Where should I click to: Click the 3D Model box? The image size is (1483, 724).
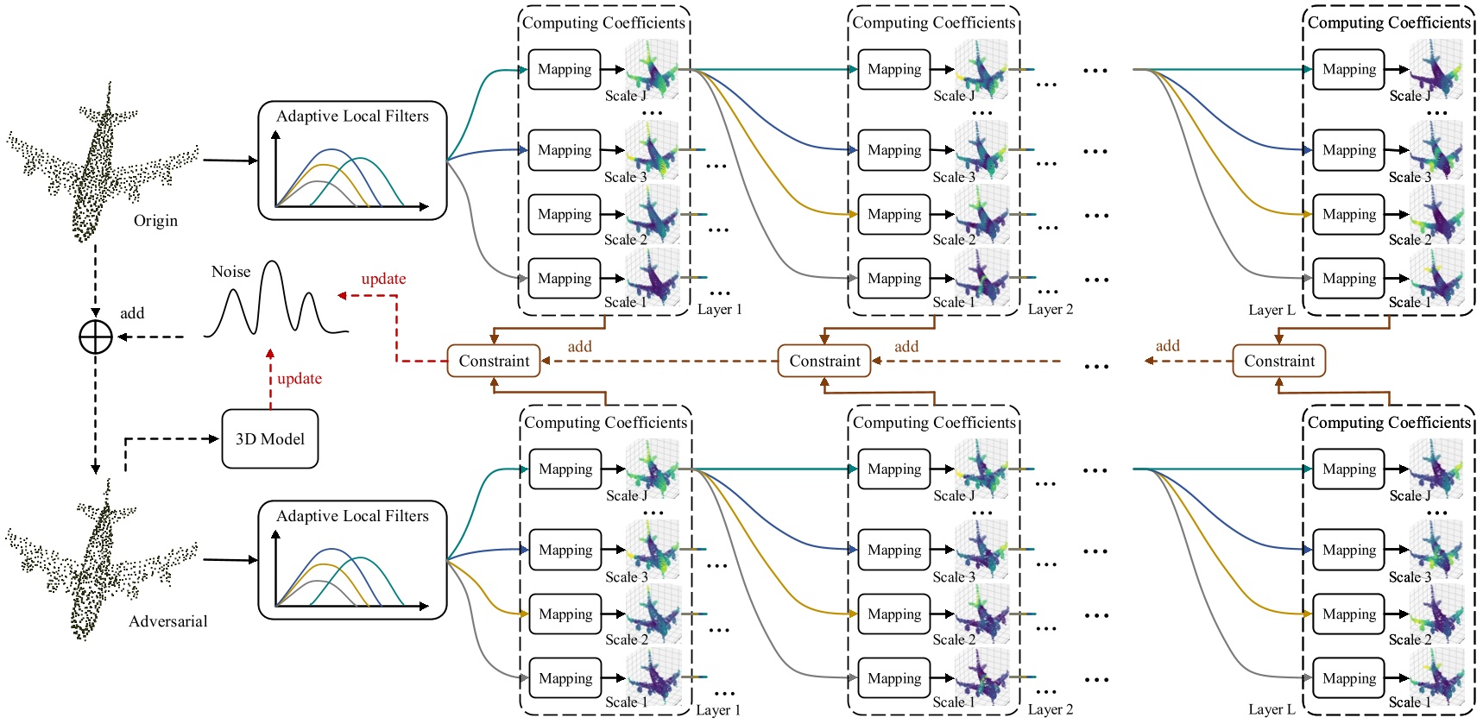[x=269, y=439]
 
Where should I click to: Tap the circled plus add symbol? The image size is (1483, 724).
[x=96, y=337]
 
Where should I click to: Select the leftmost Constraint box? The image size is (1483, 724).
[x=494, y=361]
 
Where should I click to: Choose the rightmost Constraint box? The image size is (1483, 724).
[x=1278, y=361]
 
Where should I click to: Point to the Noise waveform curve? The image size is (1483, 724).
[x=275, y=302]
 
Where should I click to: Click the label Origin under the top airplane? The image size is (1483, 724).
[x=155, y=221]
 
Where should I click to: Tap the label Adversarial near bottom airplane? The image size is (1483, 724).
[x=167, y=621]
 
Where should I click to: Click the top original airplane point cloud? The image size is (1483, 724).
[x=99, y=164]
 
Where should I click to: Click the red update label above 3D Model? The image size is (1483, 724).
[x=299, y=378]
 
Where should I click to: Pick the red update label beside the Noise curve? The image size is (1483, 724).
[x=383, y=279]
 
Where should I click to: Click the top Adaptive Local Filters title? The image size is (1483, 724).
[x=352, y=116]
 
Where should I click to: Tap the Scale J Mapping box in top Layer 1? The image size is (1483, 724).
[x=565, y=69]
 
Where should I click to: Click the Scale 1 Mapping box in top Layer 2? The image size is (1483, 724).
[x=894, y=278]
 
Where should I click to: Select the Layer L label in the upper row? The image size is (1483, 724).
[x=1271, y=309]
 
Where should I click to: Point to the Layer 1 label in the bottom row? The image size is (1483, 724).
[x=718, y=709]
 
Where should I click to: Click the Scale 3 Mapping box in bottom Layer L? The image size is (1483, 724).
[x=1349, y=550]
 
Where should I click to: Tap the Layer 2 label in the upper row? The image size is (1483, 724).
[x=1050, y=309]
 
